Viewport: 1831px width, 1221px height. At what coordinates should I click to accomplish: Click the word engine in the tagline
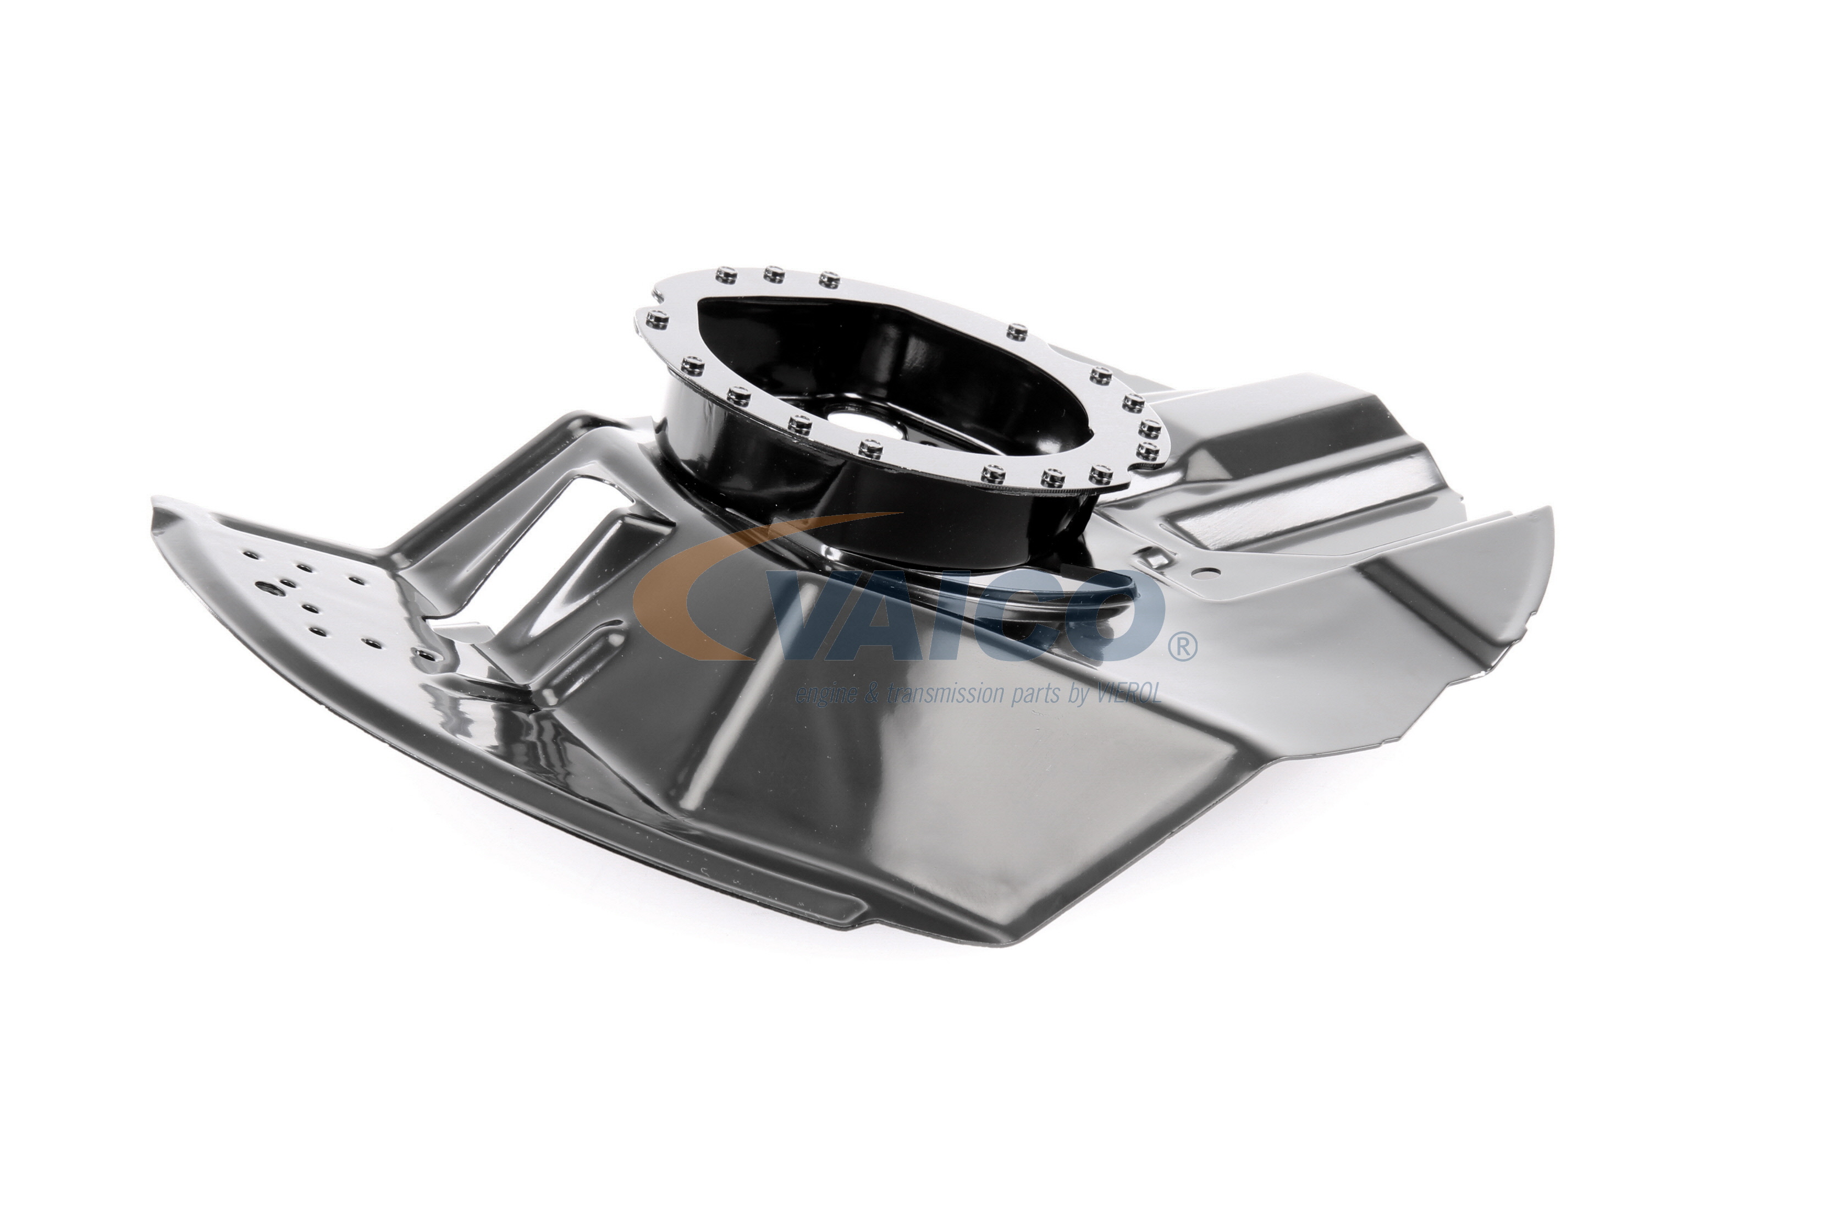coord(824,695)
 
